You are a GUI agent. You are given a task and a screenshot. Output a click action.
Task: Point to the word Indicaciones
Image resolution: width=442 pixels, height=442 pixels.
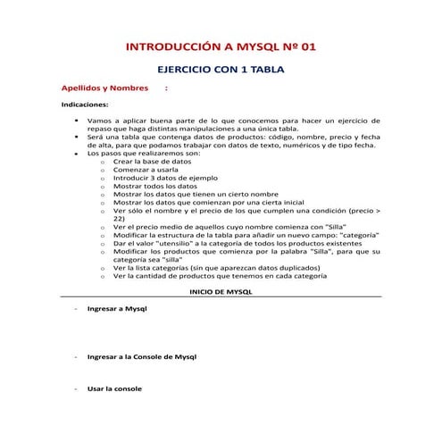pos(85,104)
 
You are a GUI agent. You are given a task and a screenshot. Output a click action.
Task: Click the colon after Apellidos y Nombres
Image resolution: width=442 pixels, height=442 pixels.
pos(167,89)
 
